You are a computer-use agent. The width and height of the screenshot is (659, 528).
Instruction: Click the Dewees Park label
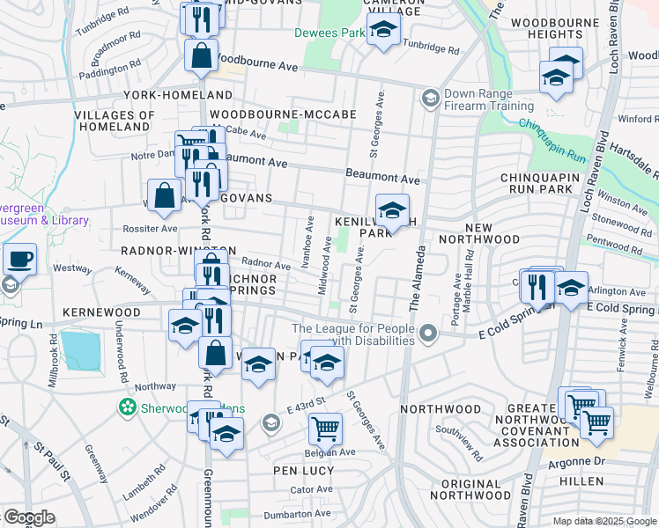(x=329, y=33)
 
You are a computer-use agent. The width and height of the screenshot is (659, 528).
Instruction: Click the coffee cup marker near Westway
(x=19, y=260)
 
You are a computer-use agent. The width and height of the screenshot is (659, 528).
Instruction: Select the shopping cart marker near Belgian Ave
(x=325, y=429)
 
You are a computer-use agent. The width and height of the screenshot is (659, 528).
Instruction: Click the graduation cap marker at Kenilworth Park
(x=392, y=210)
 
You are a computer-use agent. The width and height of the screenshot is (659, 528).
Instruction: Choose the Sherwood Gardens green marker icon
(x=128, y=407)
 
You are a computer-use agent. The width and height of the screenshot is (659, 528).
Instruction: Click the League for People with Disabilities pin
(x=428, y=333)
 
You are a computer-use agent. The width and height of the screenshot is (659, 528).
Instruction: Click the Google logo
(x=28, y=517)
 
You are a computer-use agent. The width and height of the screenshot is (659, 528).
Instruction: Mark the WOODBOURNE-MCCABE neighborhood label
(x=283, y=114)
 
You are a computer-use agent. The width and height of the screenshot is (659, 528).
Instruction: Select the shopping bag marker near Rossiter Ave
(x=165, y=195)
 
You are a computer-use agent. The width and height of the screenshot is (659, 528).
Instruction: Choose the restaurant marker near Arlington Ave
(x=537, y=286)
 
